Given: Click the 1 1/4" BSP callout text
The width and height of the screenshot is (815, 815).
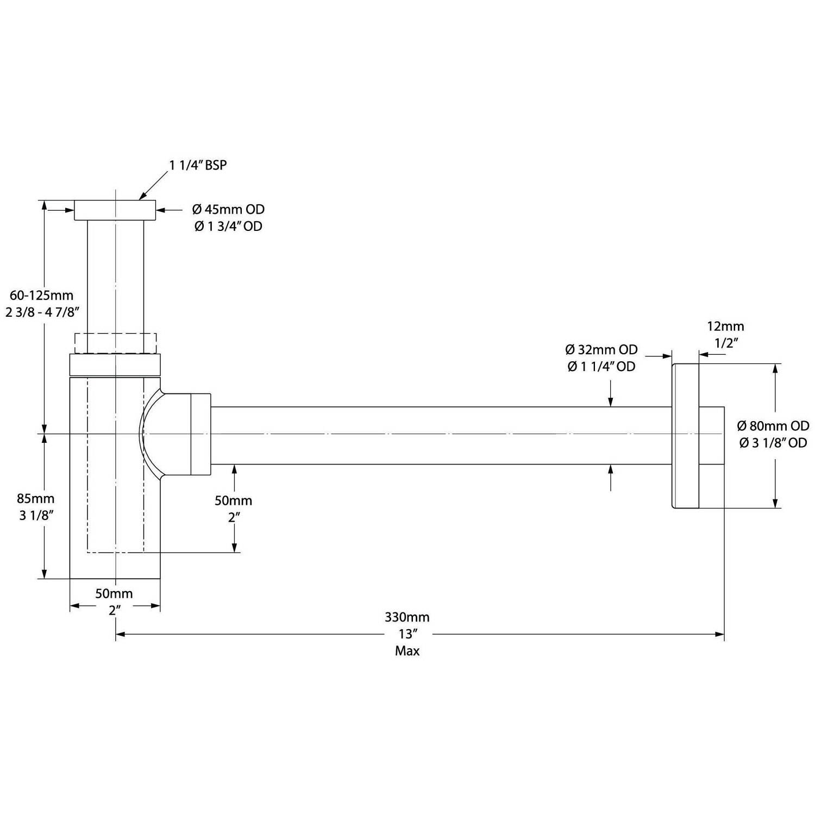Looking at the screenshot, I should (x=198, y=165).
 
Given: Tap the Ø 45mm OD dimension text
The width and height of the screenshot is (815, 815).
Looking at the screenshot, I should (x=228, y=209).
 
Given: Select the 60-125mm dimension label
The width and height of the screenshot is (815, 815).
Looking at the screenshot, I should (x=41, y=296).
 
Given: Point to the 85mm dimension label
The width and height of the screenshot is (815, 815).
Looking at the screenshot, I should (x=36, y=498).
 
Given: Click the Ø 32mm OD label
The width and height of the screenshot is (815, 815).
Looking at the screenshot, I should (x=601, y=349).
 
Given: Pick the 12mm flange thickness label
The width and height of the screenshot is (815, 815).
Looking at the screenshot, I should (x=725, y=326).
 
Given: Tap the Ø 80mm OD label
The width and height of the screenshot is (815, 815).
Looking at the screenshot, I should (x=773, y=425).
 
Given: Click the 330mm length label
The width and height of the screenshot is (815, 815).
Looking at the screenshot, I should (x=407, y=617).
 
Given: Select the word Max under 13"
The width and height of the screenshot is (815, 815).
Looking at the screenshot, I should (x=407, y=651).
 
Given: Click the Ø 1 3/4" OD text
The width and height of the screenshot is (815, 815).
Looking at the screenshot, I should (x=228, y=227).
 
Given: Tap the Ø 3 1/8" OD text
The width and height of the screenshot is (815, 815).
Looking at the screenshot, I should (x=773, y=443).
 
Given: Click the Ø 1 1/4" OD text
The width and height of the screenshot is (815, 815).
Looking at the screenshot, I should (x=601, y=367).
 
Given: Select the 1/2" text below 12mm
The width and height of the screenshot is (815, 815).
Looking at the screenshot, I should (x=725, y=343).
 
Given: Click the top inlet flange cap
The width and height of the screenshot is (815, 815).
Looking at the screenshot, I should (x=115, y=210).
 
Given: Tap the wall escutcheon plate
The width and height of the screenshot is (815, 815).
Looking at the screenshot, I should (x=686, y=435).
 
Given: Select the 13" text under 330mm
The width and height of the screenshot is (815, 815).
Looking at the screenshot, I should (x=407, y=634).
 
